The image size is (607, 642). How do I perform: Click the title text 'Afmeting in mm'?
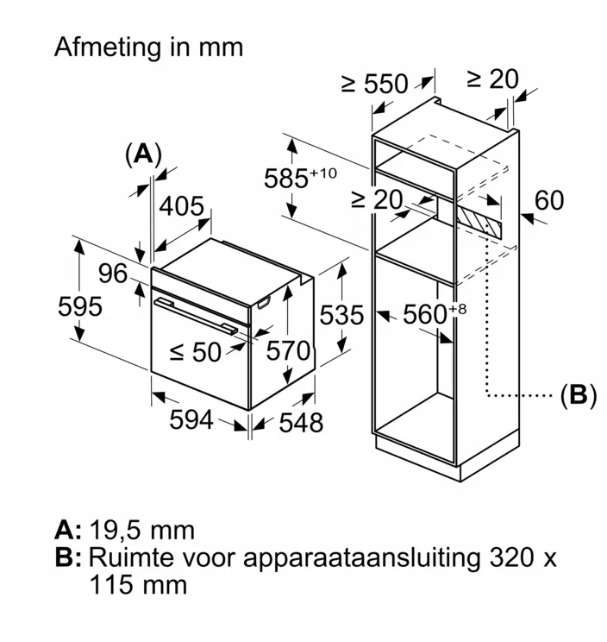pos(148,47)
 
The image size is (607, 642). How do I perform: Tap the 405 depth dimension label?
pos(182,206)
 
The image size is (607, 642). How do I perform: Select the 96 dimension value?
pos(112,274)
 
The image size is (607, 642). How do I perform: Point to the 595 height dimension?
pos(80,305)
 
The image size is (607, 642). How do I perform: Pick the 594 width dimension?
pos(190,419)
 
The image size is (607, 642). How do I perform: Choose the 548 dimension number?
pos(300,422)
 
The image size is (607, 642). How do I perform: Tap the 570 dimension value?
pos(286,351)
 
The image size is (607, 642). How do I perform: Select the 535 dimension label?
pos(343,315)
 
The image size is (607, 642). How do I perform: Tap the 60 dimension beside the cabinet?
pos(548,200)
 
